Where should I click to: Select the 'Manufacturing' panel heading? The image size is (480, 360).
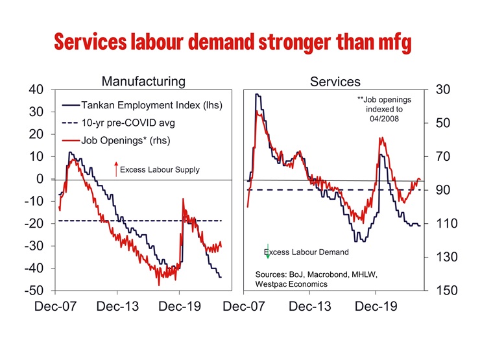point(143,81)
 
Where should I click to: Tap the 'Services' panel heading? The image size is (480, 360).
point(335,82)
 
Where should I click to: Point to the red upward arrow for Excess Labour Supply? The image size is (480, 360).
point(115,169)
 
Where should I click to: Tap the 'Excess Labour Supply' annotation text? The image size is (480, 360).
point(160,170)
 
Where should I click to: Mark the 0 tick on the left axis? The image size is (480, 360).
point(40,179)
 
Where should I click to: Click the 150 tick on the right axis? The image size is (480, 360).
point(443,291)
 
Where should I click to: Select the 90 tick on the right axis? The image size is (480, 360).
point(443,190)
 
